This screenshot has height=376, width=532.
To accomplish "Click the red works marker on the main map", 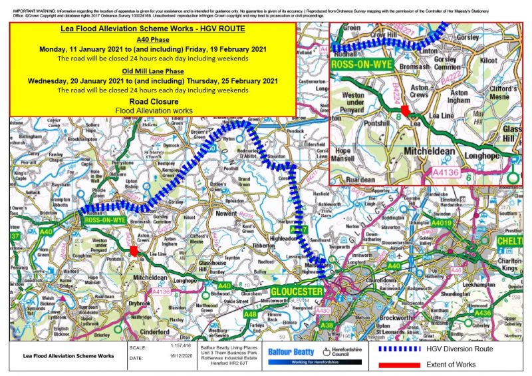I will [x=134, y=251].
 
